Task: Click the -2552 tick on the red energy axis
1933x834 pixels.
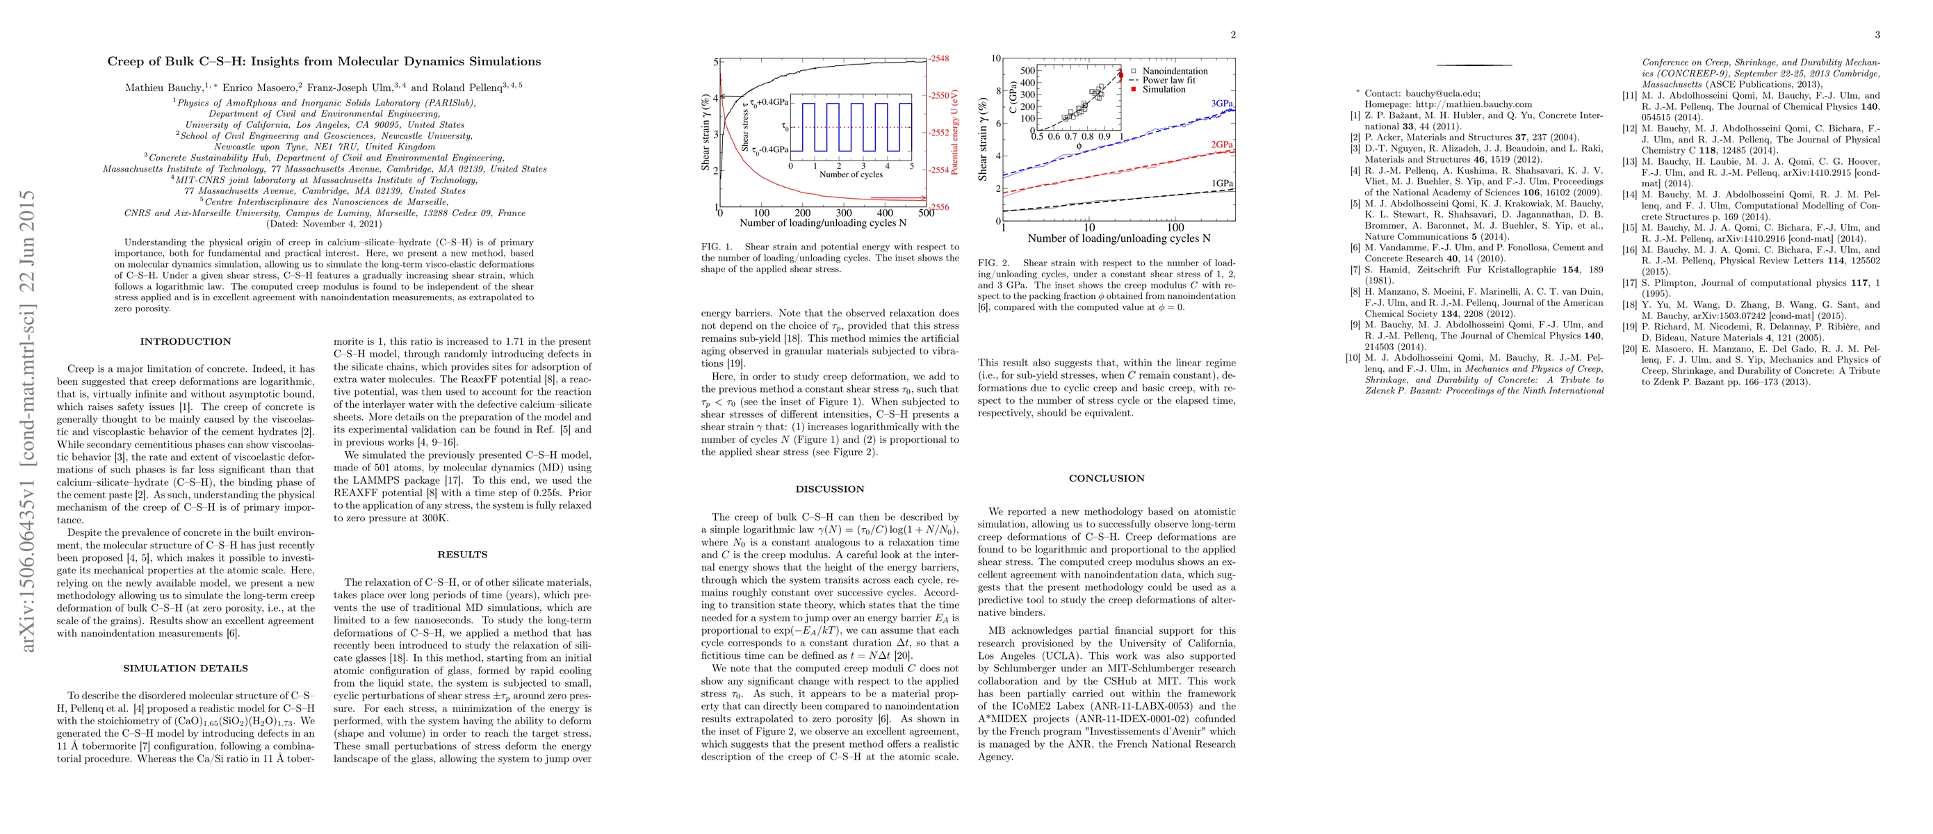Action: point(939,133)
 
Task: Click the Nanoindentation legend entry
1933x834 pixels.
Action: point(1175,72)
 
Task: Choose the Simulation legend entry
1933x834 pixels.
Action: point(1163,89)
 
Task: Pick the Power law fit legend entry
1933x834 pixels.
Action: point(1168,80)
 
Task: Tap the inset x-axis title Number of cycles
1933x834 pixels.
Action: point(850,174)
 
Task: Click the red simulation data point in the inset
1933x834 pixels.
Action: point(1120,74)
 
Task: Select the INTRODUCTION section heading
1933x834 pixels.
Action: point(186,341)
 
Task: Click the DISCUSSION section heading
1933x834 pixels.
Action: point(829,489)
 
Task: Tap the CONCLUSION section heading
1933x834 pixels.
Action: point(1106,478)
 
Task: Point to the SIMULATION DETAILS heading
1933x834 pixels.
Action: point(186,669)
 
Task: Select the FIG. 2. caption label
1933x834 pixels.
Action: point(994,263)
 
